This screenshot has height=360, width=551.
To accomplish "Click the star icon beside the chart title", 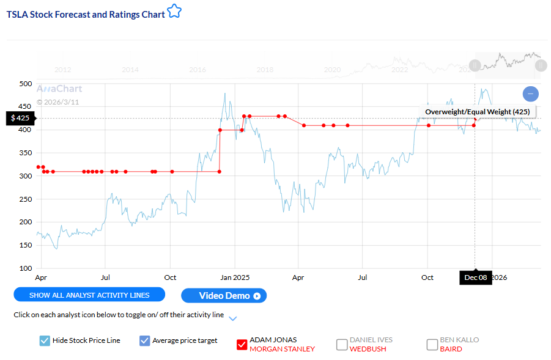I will (x=174, y=12).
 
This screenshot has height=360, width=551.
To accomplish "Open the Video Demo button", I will (x=224, y=296).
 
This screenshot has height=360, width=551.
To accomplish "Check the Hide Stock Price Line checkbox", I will (x=45, y=340).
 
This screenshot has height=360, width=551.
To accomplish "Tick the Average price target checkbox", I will (x=145, y=340).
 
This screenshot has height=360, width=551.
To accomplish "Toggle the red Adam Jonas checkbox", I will (x=242, y=345).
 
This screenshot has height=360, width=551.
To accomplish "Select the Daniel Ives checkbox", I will (x=342, y=345).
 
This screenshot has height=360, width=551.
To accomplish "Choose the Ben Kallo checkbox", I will (x=432, y=345).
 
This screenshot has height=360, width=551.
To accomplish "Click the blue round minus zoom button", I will (x=531, y=94).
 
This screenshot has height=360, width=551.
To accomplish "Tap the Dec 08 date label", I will (x=476, y=277).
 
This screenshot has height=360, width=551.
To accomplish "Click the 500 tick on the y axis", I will (x=24, y=84).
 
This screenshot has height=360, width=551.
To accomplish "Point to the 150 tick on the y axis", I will (x=24, y=245).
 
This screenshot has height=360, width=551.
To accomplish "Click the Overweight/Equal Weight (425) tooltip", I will (x=478, y=112).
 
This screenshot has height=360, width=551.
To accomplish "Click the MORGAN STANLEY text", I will (x=282, y=349).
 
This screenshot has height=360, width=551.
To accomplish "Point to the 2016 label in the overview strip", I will (x=198, y=70).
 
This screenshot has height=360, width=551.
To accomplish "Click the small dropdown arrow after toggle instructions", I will (x=232, y=318).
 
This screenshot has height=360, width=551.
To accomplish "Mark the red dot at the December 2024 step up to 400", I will (x=220, y=130).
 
